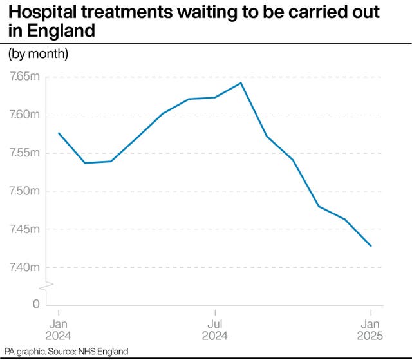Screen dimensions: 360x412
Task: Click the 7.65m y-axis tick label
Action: click(x=25, y=77)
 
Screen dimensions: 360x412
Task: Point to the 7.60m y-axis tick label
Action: click(x=25, y=115)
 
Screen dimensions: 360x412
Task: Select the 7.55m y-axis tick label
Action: click(x=25, y=153)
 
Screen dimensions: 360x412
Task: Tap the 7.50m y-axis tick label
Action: click(x=25, y=191)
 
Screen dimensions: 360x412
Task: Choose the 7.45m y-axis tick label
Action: click(x=25, y=229)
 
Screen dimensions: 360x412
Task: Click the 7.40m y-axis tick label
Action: click(x=25, y=267)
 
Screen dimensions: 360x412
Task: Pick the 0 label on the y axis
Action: click(x=37, y=304)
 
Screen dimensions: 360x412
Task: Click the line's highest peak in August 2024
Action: click(x=241, y=82)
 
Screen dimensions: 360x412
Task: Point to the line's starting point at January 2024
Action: click(x=59, y=133)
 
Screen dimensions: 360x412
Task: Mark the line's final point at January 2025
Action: click(x=371, y=246)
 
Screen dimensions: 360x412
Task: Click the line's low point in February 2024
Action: click(x=85, y=163)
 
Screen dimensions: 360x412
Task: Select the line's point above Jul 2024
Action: click(x=214, y=97)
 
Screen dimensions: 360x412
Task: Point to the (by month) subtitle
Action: click(x=38, y=53)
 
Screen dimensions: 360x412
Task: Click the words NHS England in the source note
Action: click(x=105, y=352)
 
